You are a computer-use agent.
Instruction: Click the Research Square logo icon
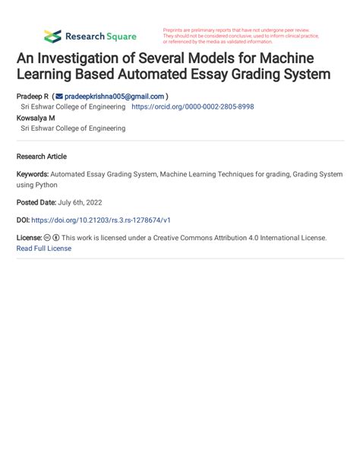point(52,36)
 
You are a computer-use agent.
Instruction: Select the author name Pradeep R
point(32,97)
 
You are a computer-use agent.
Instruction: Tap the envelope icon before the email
point(59,97)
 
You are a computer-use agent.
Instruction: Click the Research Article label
point(41,156)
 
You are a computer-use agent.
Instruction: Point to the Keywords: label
point(32,174)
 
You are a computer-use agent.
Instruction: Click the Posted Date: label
point(36,202)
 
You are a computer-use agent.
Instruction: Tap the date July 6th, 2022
point(81,202)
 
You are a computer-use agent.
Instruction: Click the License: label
point(29,238)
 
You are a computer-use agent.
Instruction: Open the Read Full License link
point(43,248)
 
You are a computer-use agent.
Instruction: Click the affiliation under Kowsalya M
point(73,128)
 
